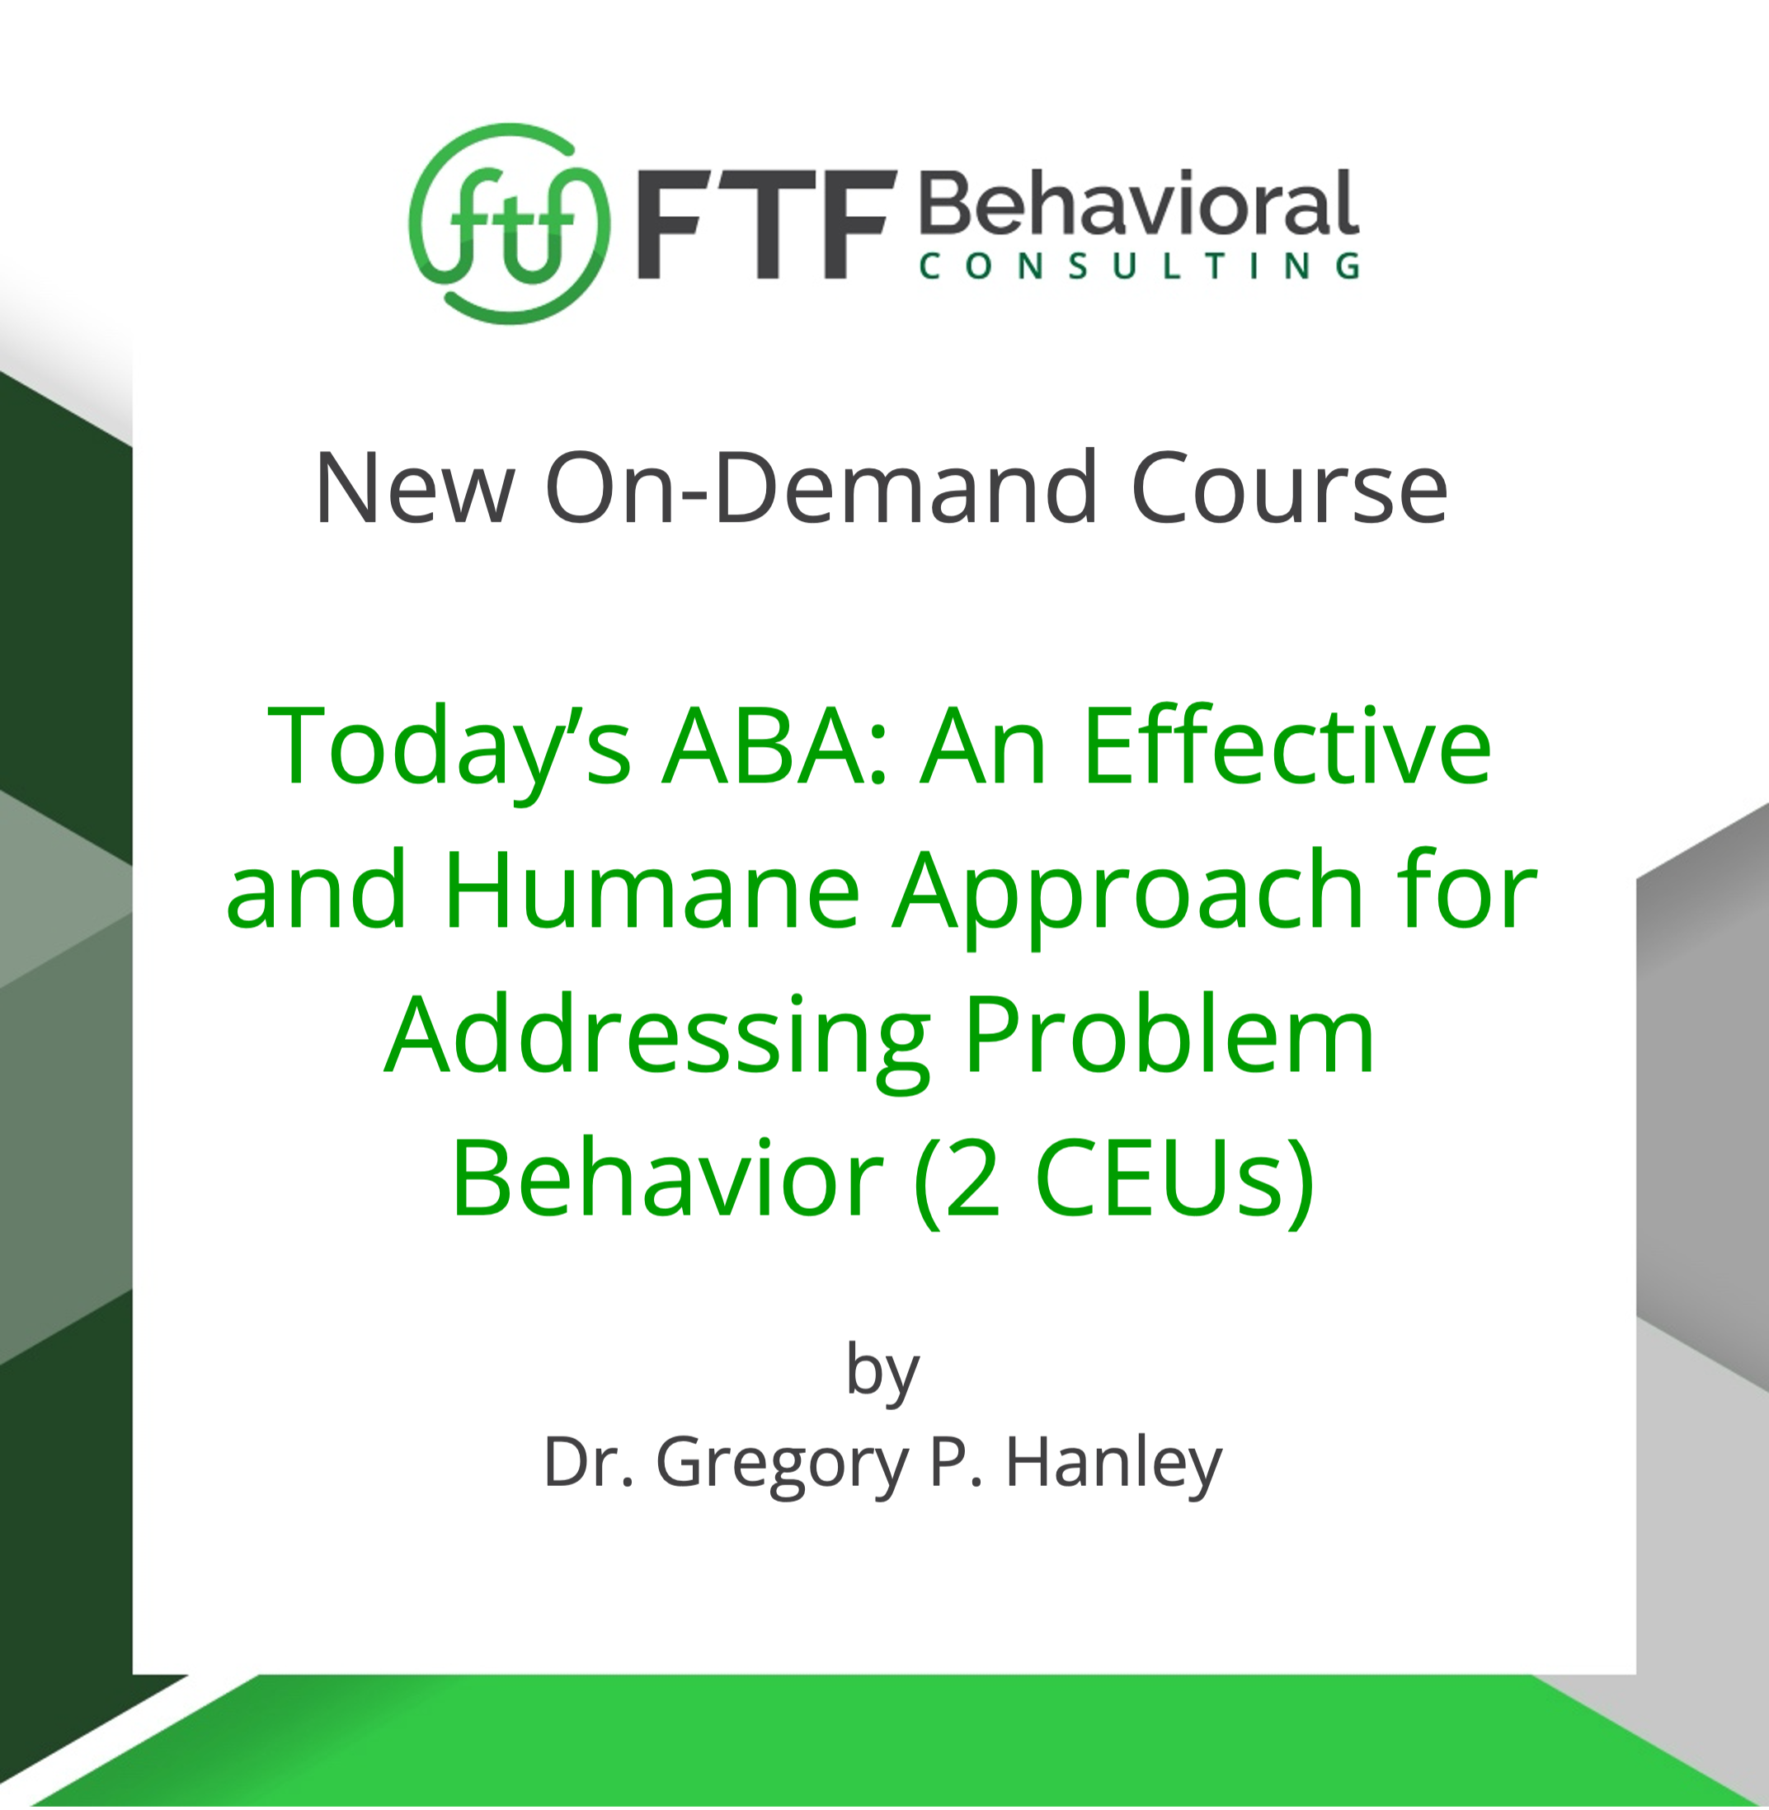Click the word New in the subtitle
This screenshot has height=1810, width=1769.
(414, 489)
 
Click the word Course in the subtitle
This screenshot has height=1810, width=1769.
(1289, 489)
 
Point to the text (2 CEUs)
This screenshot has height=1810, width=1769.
(1113, 1180)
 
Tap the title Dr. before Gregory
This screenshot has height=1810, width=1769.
(589, 1463)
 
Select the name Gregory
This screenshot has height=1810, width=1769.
(781, 1464)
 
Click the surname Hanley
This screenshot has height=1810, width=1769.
(1113, 1463)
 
